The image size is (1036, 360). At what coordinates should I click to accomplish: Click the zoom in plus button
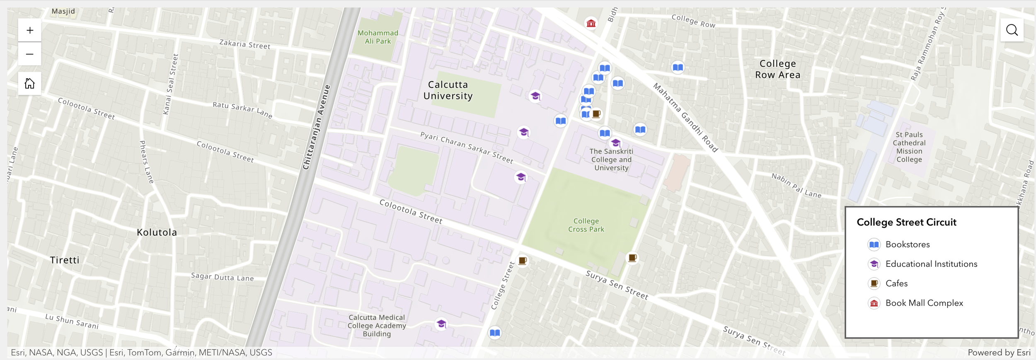coord(30,30)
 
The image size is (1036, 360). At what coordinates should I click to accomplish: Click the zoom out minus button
coord(30,54)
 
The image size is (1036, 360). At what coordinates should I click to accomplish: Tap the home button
coord(30,84)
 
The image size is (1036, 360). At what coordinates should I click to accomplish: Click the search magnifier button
coord(1012,30)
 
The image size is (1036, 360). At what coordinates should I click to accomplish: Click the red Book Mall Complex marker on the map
coord(591,23)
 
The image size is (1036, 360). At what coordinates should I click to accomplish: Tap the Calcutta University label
coord(448,90)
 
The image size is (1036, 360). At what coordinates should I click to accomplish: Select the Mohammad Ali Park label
coord(378,37)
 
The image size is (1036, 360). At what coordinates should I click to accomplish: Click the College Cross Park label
coord(586,225)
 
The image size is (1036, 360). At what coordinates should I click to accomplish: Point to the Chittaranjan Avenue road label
coord(317,128)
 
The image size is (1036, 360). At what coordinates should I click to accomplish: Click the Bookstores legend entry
coord(907,244)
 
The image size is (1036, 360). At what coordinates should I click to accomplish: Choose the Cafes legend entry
coord(896,283)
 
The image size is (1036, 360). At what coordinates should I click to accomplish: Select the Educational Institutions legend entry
coord(931,264)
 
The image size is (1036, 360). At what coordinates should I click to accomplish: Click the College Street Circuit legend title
coord(906,222)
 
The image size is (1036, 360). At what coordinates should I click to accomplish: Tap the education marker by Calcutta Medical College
coord(441,324)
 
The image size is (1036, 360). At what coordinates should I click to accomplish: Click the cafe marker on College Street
coord(522,261)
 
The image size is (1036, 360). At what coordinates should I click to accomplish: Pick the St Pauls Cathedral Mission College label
coord(909,147)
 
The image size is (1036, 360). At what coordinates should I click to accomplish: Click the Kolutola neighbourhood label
coord(157,232)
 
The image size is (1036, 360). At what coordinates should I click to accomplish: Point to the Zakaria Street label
coord(244,44)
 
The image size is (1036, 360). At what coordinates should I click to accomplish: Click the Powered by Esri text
coord(999,353)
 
